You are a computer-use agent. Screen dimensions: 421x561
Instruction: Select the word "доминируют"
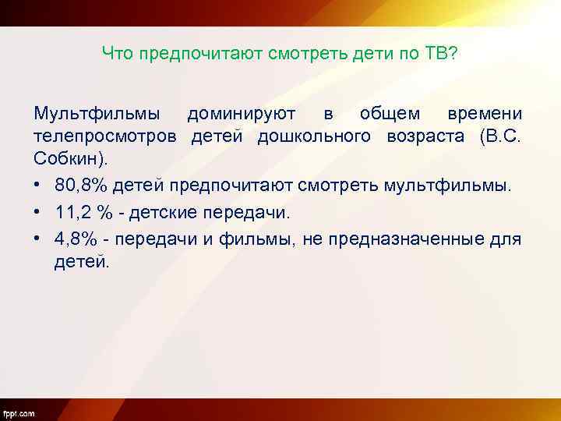241,114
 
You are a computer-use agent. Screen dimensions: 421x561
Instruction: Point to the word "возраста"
429,138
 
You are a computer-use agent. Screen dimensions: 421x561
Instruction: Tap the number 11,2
75,212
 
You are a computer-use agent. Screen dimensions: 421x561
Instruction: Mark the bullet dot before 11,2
38,212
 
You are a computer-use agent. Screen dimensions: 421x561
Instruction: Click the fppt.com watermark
19,412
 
